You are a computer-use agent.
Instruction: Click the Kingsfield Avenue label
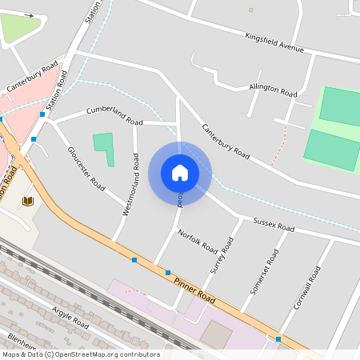[275, 42]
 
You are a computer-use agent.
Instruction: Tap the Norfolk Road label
[198, 241]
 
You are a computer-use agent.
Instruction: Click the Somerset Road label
[263, 272]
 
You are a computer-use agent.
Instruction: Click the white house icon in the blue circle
[180, 172]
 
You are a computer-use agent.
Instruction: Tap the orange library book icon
[28, 200]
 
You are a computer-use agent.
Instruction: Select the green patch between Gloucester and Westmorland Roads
[104, 149]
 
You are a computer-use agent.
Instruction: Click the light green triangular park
[21, 28]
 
